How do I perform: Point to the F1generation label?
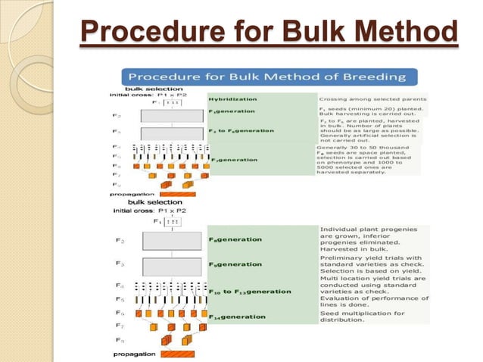coord(235,112)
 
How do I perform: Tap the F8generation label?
coord(235,264)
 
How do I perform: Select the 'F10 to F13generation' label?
coord(250,291)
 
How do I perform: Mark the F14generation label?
coord(237,317)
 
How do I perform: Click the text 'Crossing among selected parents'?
coord(372,98)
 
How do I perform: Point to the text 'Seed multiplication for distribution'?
coord(362,316)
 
